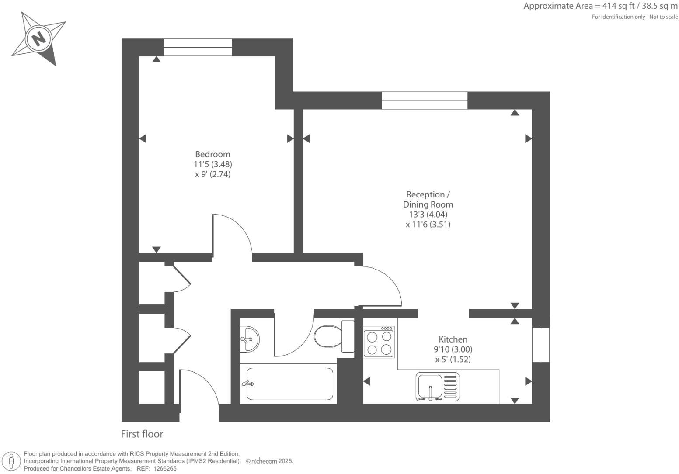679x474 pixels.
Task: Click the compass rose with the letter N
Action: (x=39, y=38)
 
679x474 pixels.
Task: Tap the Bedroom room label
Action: (x=212, y=154)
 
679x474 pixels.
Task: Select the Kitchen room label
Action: (x=453, y=339)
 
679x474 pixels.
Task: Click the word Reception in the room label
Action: (x=425, y=194)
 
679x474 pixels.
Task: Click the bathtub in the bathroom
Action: (x=289, y=384)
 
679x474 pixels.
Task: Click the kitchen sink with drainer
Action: (x=437, y=387)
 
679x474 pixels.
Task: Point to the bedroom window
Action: (x=198, y=47)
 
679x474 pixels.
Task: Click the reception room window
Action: (x=424, y=100)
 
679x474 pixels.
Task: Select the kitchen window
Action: (x=541, y=345)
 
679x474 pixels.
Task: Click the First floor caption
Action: (x=142, y=434)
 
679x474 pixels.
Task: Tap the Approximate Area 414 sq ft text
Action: (x=600, y=6)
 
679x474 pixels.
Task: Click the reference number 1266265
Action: (x=164, y=468)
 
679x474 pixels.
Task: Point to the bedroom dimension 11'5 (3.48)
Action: (x=212, y=164)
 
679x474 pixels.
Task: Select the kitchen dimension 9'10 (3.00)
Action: (x=453, y=349)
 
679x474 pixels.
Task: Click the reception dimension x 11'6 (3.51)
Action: (x=428, y=225)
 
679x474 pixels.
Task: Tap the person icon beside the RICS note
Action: (x=12, y=461)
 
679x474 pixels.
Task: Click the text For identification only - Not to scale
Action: (x=634, y=17)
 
